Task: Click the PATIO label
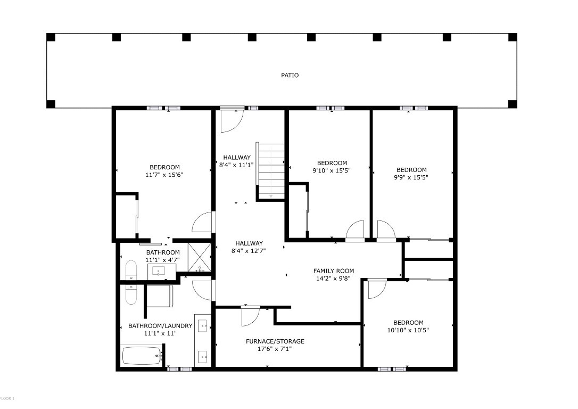point(290,75)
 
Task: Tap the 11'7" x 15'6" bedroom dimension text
point(164,175)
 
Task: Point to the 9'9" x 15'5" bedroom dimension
point(411,177)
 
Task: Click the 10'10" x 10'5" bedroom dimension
point(408,330)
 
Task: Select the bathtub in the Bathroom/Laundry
point(142,355)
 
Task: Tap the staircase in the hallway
point(271,170)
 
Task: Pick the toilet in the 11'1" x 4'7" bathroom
point(131,271)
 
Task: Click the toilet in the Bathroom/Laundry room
point(131,294)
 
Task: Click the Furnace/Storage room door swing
point(249,316)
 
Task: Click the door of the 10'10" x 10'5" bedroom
point(376,289)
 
